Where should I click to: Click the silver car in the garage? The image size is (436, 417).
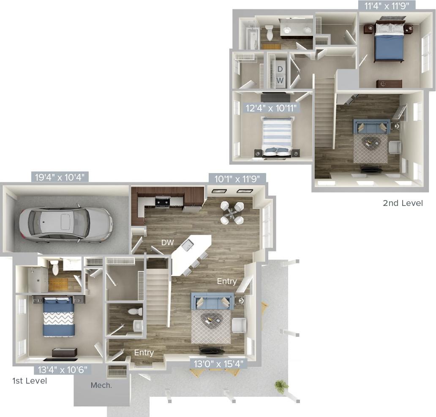click(66, 222)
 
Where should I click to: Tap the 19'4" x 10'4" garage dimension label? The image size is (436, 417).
click(60, 177)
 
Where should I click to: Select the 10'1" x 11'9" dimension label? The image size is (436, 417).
click(237, 179)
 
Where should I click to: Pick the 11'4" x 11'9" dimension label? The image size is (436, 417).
click(384, 5)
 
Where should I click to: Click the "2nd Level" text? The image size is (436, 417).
click(402, 203)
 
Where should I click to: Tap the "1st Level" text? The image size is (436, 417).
click(30, 381)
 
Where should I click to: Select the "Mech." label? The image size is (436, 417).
click(101, 385)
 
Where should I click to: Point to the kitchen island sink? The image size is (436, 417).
click(188, 244)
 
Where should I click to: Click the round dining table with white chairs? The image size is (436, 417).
click(232, 213)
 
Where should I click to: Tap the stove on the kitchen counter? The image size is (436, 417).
click(163, 202)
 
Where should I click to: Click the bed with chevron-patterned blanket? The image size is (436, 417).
click(59, 318)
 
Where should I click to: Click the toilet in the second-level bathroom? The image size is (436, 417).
click(270, 33)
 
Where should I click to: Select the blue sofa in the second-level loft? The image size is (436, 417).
click(372, 127)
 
